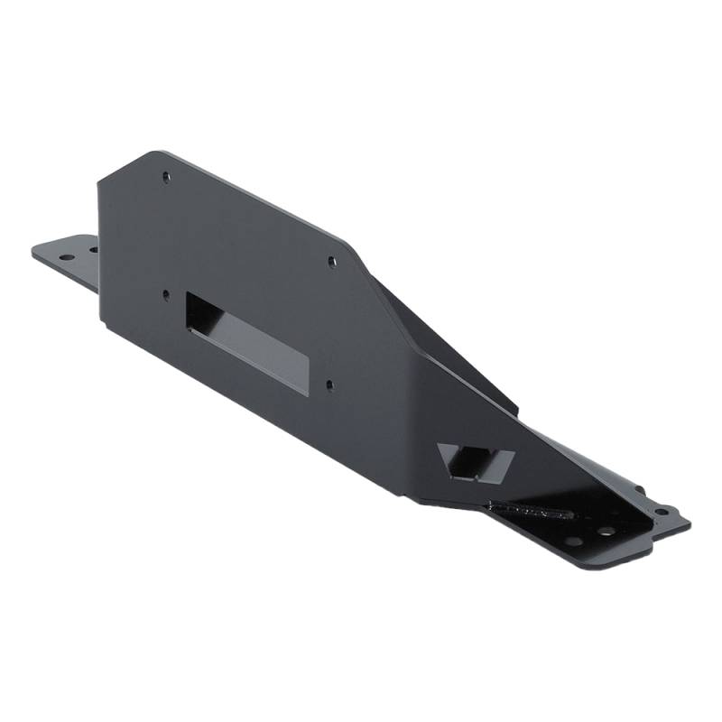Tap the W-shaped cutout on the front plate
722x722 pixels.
point(473,460)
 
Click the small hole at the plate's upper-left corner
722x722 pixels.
point(165,177)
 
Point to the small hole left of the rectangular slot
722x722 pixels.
point(166,293)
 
